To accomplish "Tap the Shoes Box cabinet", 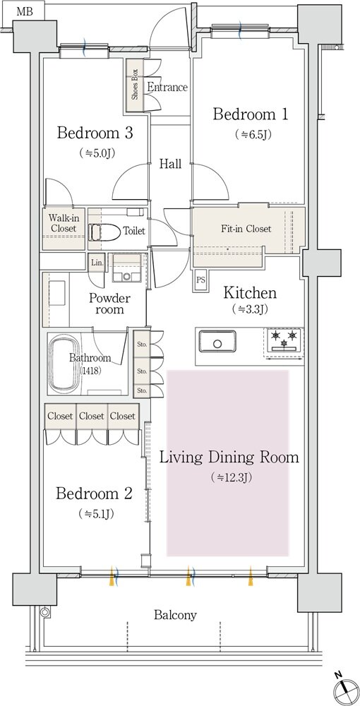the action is [135, 85].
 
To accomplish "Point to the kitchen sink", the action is [218, 343].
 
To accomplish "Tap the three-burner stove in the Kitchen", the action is [284, 340].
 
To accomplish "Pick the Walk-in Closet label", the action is [63, 223].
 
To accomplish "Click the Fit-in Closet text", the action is [246, 229].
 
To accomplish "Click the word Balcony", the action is [176, 615].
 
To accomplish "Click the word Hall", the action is [171, 164].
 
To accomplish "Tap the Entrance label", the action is [167, 88].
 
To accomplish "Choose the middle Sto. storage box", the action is [142, 371].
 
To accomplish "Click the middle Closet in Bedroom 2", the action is [92, 417].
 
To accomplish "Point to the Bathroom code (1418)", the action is [90, 371].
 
